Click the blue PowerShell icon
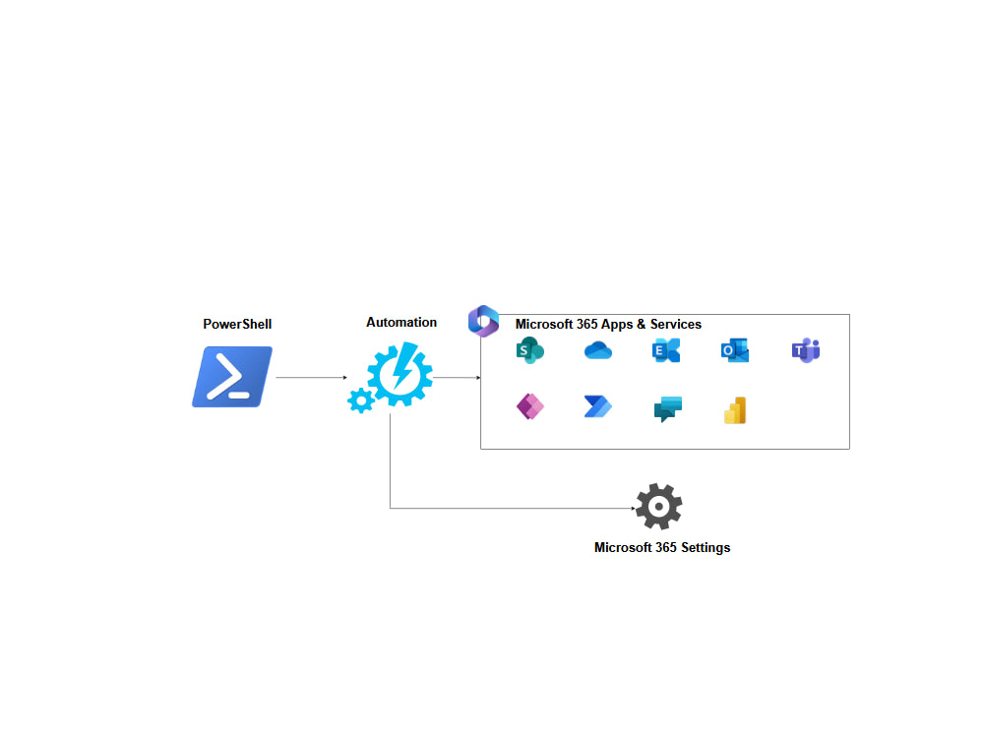coord(232,377)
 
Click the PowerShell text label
coord(237,324)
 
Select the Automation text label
coord(401,322)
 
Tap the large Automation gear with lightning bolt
coord(400,375)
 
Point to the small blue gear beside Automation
coord(361,400)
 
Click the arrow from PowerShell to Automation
coord(311,377)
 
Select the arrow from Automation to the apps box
coord(457,377)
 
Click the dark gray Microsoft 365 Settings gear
coord(658,507)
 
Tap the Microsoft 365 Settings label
coord(662,547)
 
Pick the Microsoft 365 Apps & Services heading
coord(608,324)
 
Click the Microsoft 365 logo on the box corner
coord(483,321)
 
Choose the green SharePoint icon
coord(530,350)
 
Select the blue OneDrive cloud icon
coord(598,350)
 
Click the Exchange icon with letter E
coord(667,350)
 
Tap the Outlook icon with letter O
coord(735,350)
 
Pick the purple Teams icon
coord(806,350)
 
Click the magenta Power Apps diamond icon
coord(530,407)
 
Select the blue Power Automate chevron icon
coord(598,407)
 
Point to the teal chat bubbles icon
coord(667,409)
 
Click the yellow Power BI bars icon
coord(735,410)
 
